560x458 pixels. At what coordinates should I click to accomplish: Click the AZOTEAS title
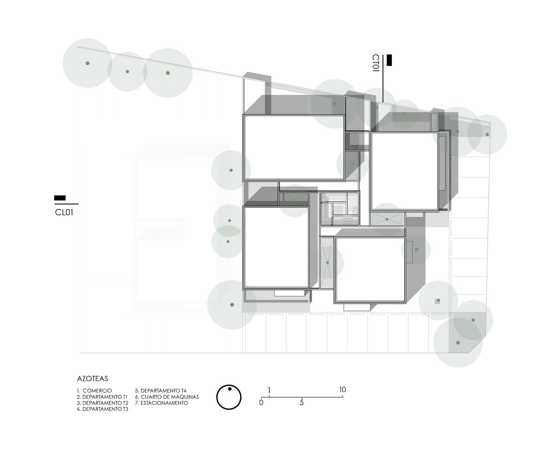[92, 379]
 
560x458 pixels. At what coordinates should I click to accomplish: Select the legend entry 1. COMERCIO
[94, 391]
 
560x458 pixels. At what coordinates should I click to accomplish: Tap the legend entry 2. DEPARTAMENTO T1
[102, 397]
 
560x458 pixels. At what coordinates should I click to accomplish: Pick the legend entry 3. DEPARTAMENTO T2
[102, 403]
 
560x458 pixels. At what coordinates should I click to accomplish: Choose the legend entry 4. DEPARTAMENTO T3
[102, 409]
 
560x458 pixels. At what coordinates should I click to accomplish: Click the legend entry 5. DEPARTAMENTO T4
[161, 391]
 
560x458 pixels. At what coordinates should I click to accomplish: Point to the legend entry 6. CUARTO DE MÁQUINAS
[167, 397]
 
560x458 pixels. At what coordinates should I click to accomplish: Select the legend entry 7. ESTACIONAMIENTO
[162, 403]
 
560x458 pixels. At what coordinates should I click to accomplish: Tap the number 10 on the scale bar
[342, 390]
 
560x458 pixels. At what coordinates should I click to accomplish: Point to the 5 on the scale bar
[302, 403]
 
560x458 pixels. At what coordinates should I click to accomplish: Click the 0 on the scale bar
[261, 403]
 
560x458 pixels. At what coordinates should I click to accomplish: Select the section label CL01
[64, 212]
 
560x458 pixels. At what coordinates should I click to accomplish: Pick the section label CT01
[375, 63]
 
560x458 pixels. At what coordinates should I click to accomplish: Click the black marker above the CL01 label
[60, 198]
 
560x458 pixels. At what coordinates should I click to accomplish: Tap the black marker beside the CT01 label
[389, 60]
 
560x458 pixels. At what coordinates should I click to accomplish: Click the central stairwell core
[340, 209]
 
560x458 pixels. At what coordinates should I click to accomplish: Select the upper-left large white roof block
[294, 148]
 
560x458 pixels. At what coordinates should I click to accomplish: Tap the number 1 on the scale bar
[269, 390]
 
